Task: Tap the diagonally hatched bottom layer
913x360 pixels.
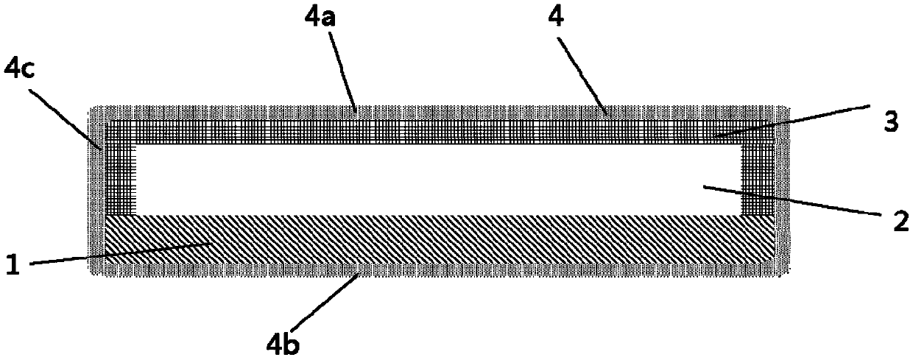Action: click(442, 239)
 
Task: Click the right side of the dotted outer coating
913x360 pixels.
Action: click(783, 191)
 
